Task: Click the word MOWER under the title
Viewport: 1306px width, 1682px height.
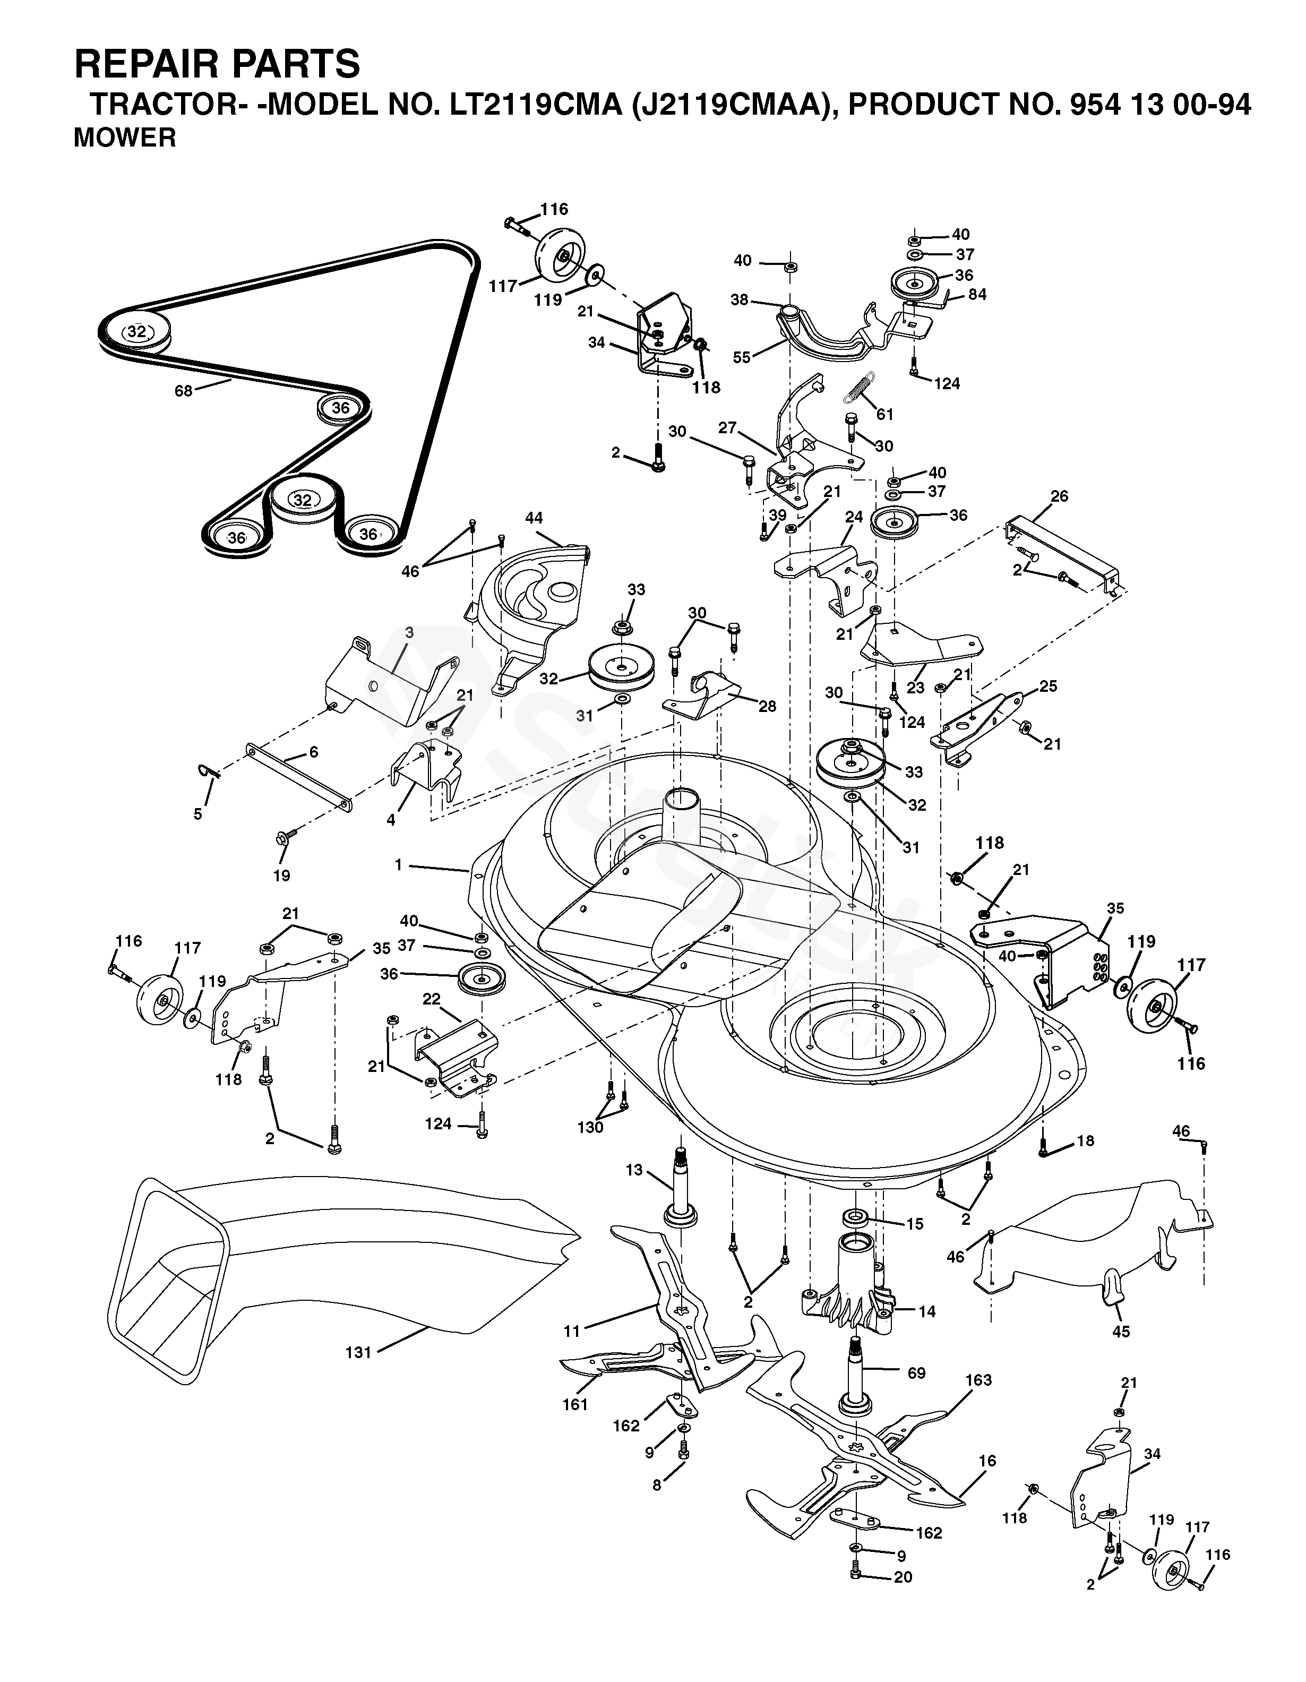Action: [x=125, y=138]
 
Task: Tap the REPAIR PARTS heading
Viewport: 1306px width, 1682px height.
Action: [x=217, y=64]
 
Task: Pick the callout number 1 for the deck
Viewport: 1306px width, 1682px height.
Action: [x=399, y=865]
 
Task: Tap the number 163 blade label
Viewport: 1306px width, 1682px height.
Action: [x=978, y=1379]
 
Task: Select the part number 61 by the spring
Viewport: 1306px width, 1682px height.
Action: [x=885, y=414]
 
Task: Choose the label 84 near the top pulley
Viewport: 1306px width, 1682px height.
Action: [x=978, y=294]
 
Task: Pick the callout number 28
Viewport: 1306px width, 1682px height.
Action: [x=767, y=706]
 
